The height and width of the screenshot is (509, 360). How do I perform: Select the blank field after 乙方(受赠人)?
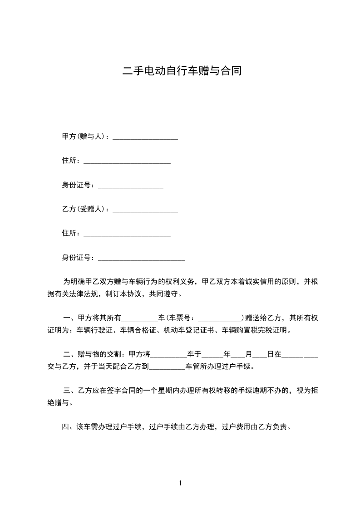tap(145, 210)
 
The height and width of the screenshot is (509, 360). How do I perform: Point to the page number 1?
tap(180, 483)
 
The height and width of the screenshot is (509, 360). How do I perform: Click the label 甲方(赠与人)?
tap(84, 137)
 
